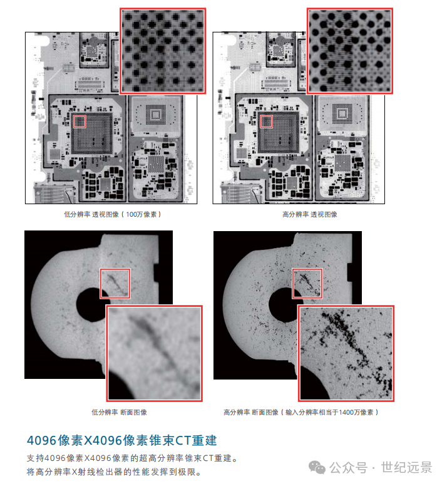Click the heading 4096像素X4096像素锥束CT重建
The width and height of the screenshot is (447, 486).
pyautogui.click(x=122, y=440)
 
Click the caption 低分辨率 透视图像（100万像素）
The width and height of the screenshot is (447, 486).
pyautogui.click(x=112, y=214)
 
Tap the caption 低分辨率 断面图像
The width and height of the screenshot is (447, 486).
pyautogui.click(x=119, y=413)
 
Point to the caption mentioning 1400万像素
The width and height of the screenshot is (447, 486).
pyautogui.click(x=301, y=413)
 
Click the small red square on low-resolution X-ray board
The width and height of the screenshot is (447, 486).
pyautogui.click(x=80, y=121)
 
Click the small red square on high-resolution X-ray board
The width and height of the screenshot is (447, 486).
pyautogui.click(x=266, y=121)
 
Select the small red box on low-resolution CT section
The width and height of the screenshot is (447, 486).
pyautogui.click(x=115, y=284)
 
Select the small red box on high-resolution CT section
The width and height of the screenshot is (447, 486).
pyautogui.click(x=307, y=284)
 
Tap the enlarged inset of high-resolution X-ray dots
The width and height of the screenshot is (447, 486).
pyautogui.click(x=349, y=50)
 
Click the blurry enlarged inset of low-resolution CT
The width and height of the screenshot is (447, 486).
pyautogui.click(x=154, y=353)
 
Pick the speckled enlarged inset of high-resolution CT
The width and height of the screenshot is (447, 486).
pyautogui.click(x=346, y=353)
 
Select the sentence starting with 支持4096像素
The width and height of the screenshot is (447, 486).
pyautogui.click(x=133, y=458)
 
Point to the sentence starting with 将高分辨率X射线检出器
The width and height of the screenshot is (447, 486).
pyautogui.click(x=113, y=472)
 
